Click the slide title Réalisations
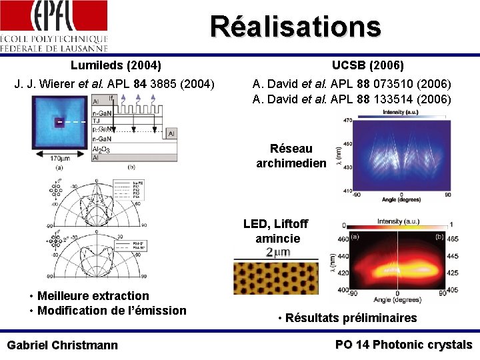(x=295, y=27)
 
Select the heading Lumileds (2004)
(x=116, y=65)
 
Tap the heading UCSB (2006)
(x=367, y=65)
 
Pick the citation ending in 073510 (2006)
(x=351, y=84)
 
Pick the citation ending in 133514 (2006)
(x=351, y=99)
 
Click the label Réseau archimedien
(x=291, y=156)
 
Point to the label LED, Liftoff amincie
(x=277, y=231)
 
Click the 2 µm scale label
(x=278, y=253)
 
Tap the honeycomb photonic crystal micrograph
(x=277, y=277)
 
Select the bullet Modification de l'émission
(x=111, y=310)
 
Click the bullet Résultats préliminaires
(x=347, y=318)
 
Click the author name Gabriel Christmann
(x=62, y=345)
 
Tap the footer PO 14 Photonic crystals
(x=403, y=345)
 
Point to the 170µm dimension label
(x=59, y=159)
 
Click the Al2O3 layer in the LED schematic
(x=103, y=151)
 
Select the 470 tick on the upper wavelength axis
(x=347, y=120)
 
